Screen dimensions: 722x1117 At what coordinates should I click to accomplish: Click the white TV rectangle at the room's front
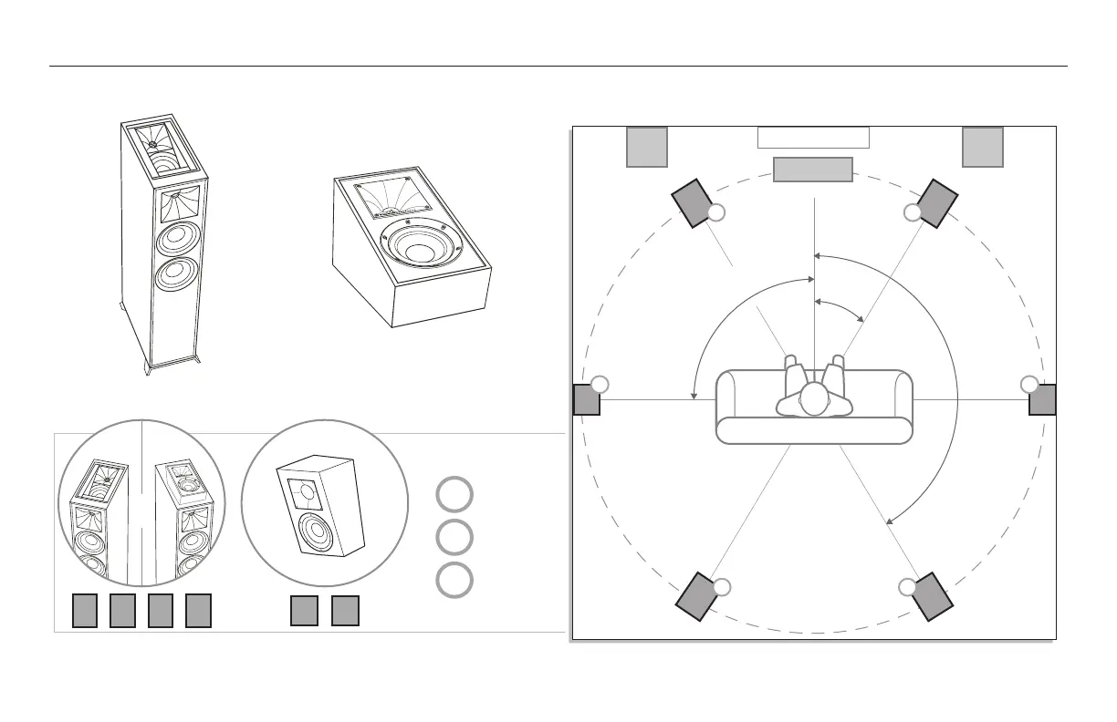pos(813,138)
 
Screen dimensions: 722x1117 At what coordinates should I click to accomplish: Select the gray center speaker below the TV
pos(813,170)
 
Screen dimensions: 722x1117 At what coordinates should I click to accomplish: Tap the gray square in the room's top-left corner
pos(647,147)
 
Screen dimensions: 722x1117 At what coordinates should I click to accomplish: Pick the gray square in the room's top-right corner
pos(983,147)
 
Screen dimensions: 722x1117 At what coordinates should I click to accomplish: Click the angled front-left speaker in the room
pos(694,202)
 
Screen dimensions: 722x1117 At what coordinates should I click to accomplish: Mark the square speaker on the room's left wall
pos(587,399)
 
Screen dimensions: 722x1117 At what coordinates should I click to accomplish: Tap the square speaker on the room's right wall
pos(1042,399)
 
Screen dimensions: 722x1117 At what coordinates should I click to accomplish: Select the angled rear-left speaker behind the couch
pos(697,596)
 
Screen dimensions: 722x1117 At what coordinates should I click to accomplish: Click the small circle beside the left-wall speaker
pos(600,384)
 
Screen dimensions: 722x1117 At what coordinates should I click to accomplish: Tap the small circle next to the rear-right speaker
pos(906,586)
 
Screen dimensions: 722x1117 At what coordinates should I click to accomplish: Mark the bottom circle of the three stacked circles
pos(454,581)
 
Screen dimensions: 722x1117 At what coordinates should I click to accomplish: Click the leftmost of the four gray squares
pos(85,611)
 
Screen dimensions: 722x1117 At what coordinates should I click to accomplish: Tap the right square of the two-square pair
pos(345,611)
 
